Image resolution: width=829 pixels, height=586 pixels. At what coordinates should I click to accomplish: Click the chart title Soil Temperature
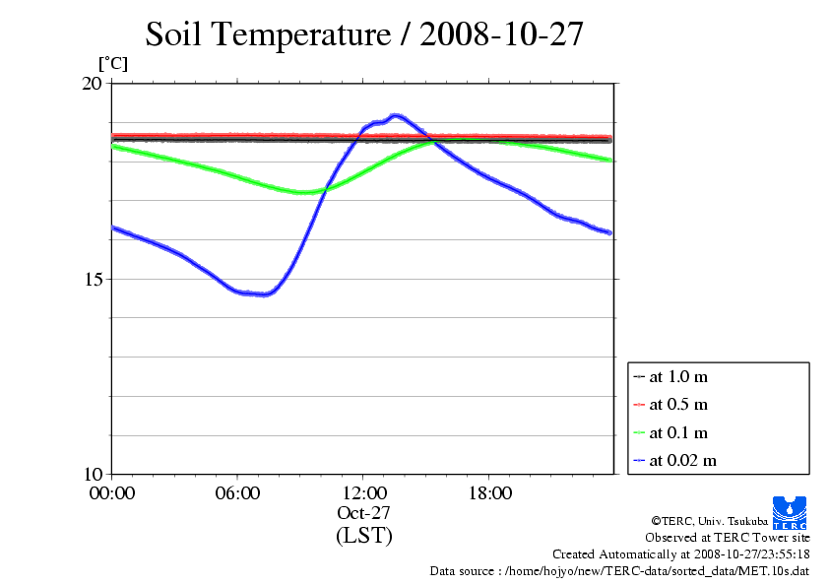(x=364, y=34)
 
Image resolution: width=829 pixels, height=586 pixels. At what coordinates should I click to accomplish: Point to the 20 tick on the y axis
(x=91, y=84)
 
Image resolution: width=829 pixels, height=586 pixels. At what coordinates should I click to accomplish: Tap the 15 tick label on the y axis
(x=91, y=279)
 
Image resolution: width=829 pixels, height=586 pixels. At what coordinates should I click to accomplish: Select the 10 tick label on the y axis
(x=91, y=474)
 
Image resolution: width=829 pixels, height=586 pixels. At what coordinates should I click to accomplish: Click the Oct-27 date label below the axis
(x=363, y=513)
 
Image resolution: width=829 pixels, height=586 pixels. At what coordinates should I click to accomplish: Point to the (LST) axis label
(x=363, y=536)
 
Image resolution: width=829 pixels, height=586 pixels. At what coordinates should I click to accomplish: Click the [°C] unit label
(x=112, y=63)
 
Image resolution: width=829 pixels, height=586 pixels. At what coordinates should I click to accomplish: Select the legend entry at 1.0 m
(x=678, y=376)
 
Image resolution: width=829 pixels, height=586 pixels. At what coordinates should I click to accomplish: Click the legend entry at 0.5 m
(x=678, y=405)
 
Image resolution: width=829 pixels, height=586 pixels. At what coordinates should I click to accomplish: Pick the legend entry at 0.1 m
(x=678, y=432)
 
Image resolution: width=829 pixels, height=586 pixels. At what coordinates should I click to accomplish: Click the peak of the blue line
(x=396, y=115)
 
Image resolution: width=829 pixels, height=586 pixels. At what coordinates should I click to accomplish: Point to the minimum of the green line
(x=305, y=192)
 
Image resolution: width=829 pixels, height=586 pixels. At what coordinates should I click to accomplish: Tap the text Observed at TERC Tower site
(x=727, y=538)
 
